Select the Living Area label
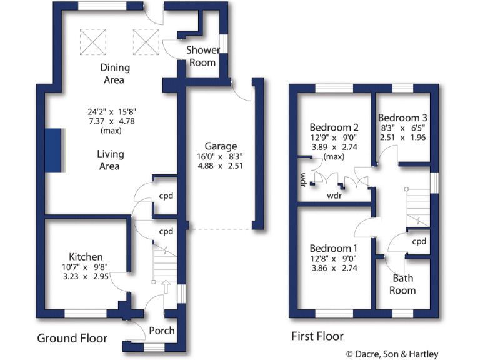(110, 160)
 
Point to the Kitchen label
(86, 257)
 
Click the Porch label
(162, 330)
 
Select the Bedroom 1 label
(334, 248)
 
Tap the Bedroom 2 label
(334, 127)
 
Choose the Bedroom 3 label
(402, 117)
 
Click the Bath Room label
(402, 284)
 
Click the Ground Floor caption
(72, 338)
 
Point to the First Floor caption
(317, 336)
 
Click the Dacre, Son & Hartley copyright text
(409, 353)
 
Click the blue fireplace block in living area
(54, 149)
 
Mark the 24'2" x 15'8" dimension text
(110, 112)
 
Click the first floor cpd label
(419, 241)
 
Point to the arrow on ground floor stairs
(166, 286)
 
